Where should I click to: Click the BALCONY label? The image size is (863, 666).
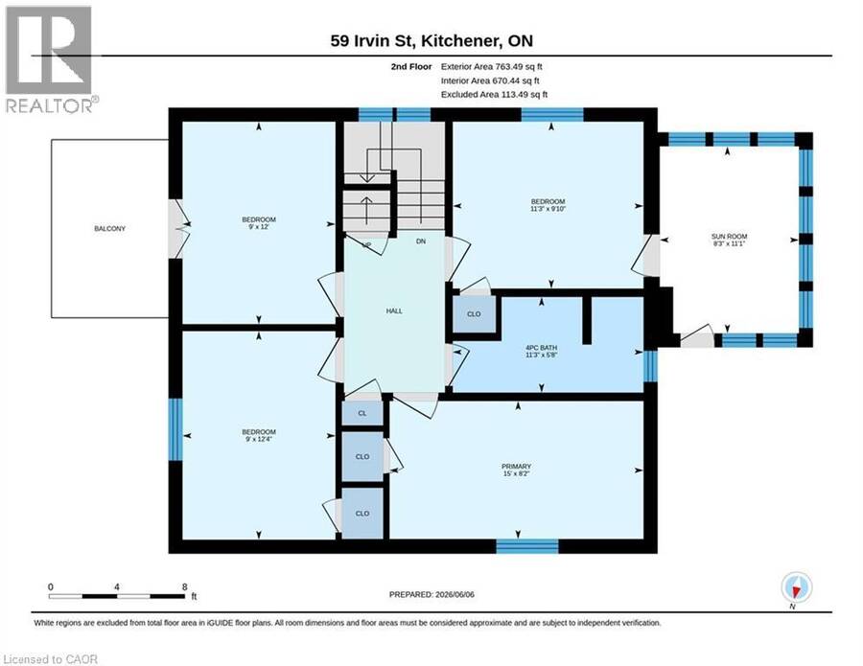click(109, 228)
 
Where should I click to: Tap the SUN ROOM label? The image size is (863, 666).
click(729, 237)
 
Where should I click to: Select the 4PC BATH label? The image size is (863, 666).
click(541, 348)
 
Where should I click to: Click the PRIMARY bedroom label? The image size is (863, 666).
click(516, 467)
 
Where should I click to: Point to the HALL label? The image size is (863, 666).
click(394, 310)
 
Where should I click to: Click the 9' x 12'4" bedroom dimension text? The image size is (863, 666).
click(259, 439)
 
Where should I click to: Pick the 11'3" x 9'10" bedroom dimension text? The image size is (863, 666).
click(548, 209)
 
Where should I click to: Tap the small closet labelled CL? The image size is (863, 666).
click(362, 413)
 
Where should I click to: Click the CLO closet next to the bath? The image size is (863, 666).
click(474, 314)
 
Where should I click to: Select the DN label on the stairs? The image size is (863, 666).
click(421, 241)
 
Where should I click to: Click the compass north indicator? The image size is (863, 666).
click(796, 587)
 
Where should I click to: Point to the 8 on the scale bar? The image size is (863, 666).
click(184, 586)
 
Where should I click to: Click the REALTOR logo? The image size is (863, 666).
click(50, 59)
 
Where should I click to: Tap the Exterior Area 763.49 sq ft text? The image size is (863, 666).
click(492, 66)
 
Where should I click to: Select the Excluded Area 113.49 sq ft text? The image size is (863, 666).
click(494, 94)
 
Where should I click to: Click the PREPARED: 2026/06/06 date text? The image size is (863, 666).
click(431, 594)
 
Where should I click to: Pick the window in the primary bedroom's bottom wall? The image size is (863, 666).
click(527, 546)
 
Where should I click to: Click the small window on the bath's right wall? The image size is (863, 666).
click(650, 366)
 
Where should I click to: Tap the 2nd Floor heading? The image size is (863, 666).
click(411, 66)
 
